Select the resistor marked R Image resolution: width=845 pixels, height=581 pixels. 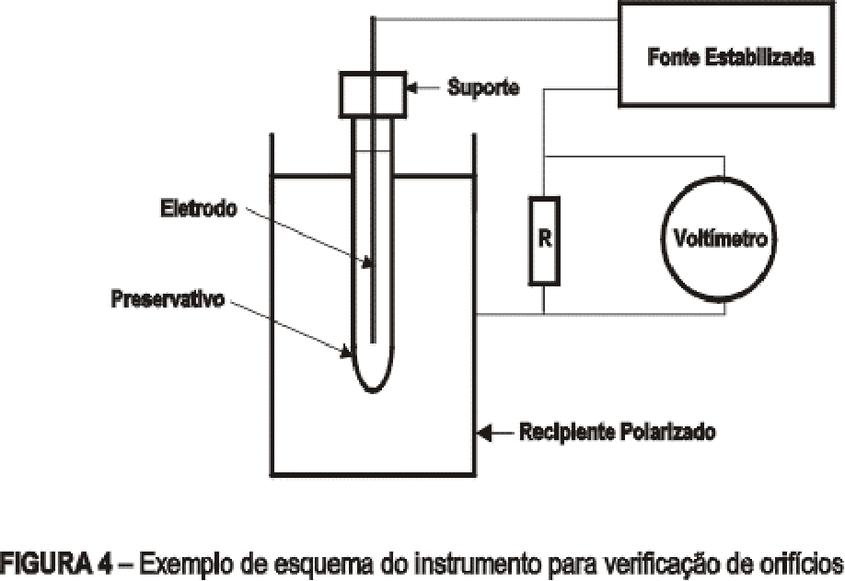[x=544, y=240]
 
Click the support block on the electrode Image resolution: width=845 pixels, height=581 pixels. [x=373, y=94]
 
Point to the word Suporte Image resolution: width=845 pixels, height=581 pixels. [x=483, y=87]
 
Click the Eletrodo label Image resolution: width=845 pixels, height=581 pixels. [x=199, y=209]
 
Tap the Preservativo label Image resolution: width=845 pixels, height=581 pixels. [x=168, y=298]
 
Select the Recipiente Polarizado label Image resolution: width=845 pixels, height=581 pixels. [x=618, y=432]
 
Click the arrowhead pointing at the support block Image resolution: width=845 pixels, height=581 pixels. [x=412, y=87]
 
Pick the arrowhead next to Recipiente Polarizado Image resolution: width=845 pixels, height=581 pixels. [x=485, y=432]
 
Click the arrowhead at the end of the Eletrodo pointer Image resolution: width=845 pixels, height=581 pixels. [x=366, y=262]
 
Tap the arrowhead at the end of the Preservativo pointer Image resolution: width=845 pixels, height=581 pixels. [x=345, y=352]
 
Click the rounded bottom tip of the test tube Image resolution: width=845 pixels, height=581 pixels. [x=373, y=392]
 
